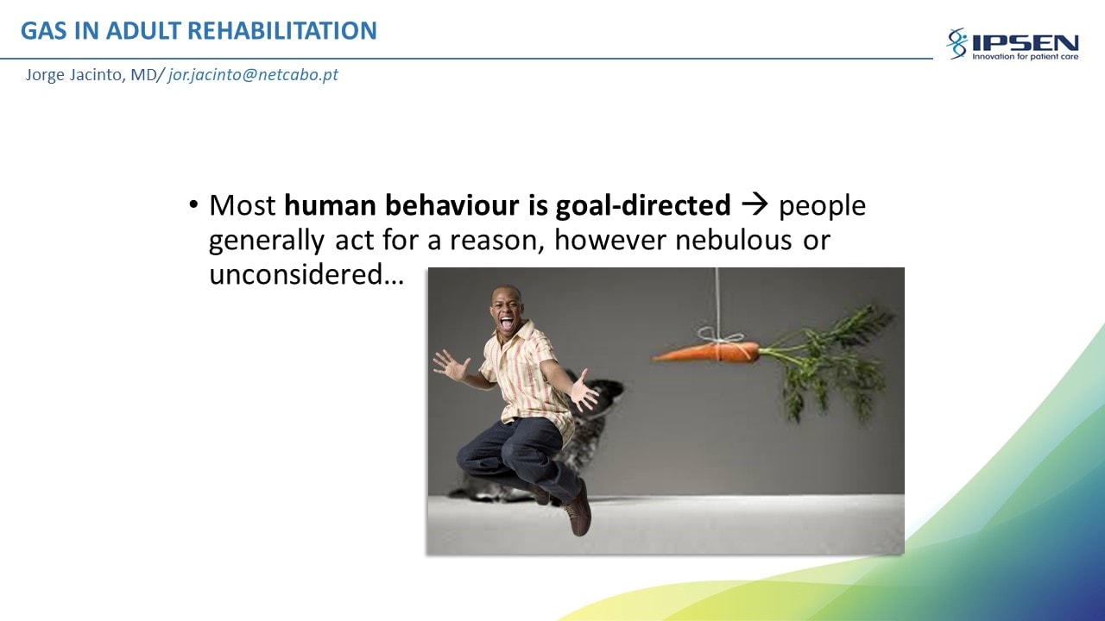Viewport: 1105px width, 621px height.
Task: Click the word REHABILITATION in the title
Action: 282,30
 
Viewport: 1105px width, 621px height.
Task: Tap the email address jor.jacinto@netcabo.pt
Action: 253,75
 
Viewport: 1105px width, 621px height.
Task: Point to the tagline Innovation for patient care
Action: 1025,57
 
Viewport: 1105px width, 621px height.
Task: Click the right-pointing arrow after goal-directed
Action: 755,204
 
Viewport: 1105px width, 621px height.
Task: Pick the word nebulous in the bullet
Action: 733,240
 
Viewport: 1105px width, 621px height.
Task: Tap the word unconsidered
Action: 296,274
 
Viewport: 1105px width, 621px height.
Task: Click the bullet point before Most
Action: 193,204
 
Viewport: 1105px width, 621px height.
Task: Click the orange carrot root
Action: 705,352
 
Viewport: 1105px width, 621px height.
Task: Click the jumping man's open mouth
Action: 507,323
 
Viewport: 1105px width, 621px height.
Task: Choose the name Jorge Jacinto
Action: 74,75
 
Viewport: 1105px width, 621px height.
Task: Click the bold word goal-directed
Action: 643,205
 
